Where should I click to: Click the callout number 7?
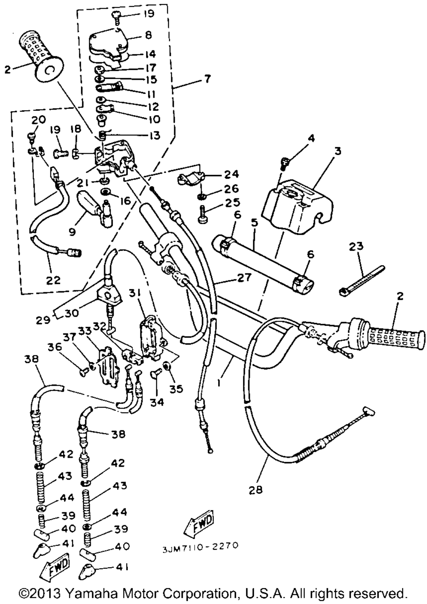[207, 79]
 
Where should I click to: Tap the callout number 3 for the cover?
[337, 151]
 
